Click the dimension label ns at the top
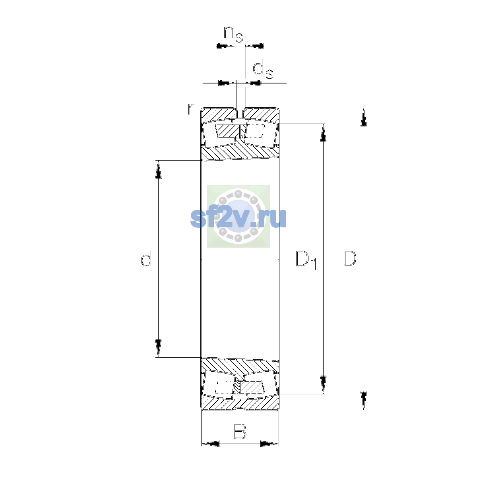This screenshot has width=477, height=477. (233, 34)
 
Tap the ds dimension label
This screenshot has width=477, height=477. (263, 70)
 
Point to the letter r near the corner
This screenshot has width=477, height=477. (191, 109)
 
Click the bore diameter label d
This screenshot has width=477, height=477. (146, 258)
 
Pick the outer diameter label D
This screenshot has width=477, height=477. (350, 259)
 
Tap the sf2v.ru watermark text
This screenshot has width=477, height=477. (238, 218)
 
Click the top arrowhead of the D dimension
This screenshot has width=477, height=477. (364, 117)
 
